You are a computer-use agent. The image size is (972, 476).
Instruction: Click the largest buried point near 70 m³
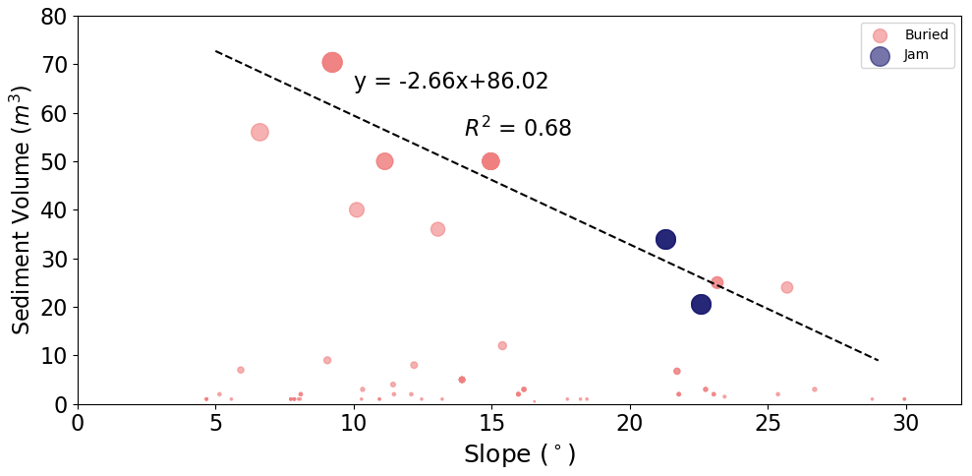pyautogui.click(x=332, y=62)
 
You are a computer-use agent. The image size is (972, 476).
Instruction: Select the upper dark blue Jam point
pyautogui.click(x=665, y=239)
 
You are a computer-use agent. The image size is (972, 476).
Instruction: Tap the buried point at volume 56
pyautogui.click(x=259, y=132)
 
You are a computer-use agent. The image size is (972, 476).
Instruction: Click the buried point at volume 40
pyautogui.click(x=357, y=209)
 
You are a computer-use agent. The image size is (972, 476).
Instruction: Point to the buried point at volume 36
pyautogui.click(x=437, y=229)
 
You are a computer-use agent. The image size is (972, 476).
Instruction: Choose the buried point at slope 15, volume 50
pyautogui.click(x=490, y=161)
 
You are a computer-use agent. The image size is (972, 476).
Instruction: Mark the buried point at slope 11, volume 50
pyautogui.click(x=384, y=161)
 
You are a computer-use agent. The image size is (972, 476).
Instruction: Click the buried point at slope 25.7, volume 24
pyautogui.click(x=786, y=287)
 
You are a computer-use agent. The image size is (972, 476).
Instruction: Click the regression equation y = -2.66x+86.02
pyautogui.click(x=451, y=82)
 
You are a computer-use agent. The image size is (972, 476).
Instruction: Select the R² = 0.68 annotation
pyautogui.click(x=518, y=129)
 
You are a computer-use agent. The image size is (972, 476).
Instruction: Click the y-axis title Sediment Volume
pyautogui.click(x=22, y=209)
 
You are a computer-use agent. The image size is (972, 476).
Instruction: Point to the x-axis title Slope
pyautogui.click(x=519, y=455)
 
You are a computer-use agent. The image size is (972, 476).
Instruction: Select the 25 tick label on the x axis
pyautogui.click(x=768, y=422)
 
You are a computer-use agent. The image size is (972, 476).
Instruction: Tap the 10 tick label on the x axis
pyautogui.click(x=354, y=422)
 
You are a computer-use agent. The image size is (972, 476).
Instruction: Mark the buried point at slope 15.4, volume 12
pyautogui.click(x=502, y=345)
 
